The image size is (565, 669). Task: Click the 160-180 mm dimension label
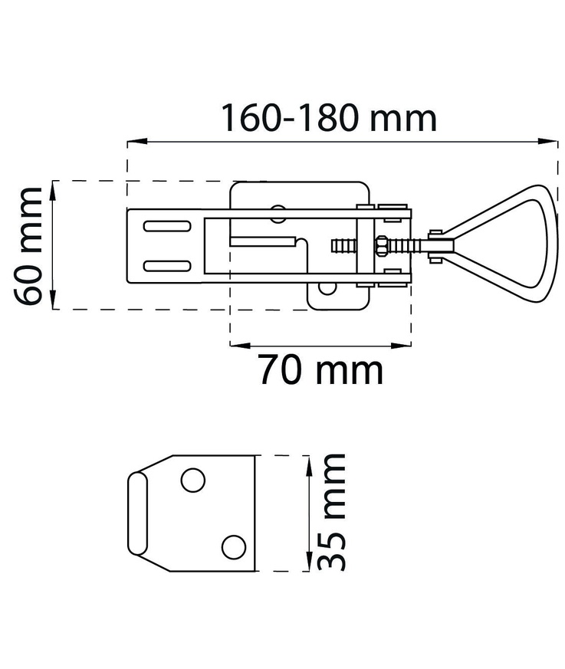tap(329, 118)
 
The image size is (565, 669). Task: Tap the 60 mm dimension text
tap(28, 246)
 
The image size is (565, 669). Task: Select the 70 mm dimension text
tap(321, 370)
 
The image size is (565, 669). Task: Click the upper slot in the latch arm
tap(167, 226)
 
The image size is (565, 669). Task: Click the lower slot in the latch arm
tap(167, 266)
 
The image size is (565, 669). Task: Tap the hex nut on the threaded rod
tap(380, 246)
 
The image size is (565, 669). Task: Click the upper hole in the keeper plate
tap(193, 480)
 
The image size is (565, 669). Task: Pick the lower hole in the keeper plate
tap(233, 547)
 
